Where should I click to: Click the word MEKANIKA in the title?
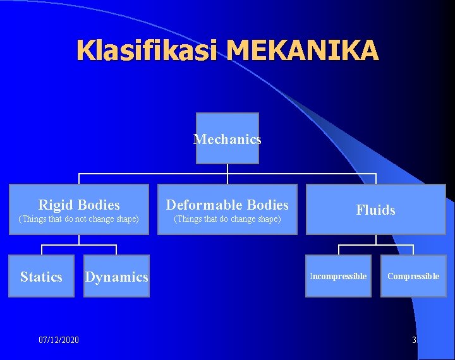click(304, 50)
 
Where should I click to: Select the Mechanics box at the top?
click(227, 138)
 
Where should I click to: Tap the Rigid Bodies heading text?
click(79, 205)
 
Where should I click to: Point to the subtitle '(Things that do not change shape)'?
click(79, 219)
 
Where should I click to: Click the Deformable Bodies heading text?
click(227, 205)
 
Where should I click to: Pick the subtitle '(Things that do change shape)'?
click(227, 219)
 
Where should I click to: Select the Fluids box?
click(375, 210)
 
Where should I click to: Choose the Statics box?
click(41, 276)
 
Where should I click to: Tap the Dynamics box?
click(117, 276)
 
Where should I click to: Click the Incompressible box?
click(338, 276)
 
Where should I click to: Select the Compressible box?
click(413, 276)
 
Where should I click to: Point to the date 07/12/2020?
click(59, 340)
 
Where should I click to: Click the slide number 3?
click(414, 340)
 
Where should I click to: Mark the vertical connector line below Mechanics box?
click(227, 169)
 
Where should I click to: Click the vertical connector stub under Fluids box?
click(375, 239)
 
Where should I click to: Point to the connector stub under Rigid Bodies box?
click(79, 239)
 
